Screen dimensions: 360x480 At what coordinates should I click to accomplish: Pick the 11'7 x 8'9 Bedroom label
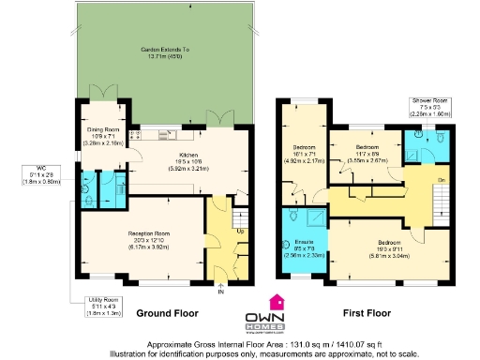click(x=367, y=151)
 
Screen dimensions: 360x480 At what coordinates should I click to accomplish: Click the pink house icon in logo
click(x=277, y=302)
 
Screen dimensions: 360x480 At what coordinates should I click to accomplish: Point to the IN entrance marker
click(x=222, y=292)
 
